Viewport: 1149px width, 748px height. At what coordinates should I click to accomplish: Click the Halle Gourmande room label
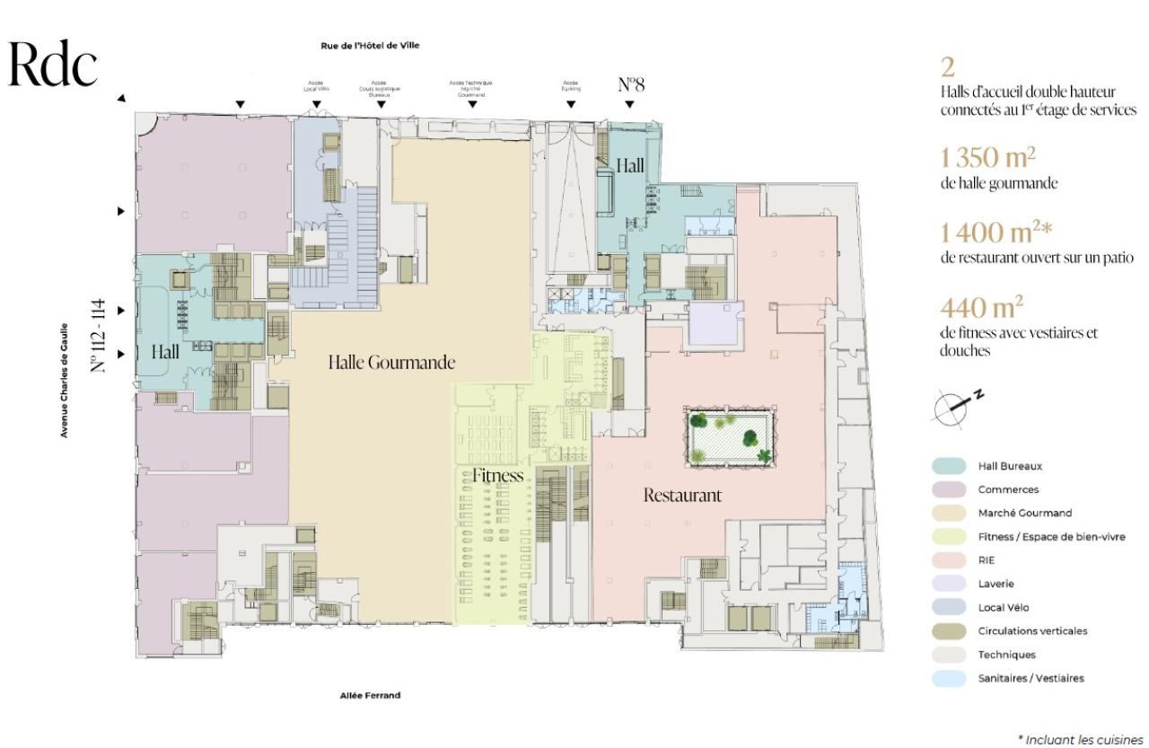tap(390, 363)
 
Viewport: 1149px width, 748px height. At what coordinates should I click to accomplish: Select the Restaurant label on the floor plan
tap(682, 495)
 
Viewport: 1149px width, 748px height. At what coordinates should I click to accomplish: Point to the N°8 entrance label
tap(631, 85)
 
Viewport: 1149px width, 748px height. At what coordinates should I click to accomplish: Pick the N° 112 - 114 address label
tap(101, 335)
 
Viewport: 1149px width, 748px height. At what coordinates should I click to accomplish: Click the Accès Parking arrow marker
tap(571, 104)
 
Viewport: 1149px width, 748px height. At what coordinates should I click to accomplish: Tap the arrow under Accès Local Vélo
tap(317, 104)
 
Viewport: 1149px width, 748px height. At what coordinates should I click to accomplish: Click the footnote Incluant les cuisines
tap(1082, 738)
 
